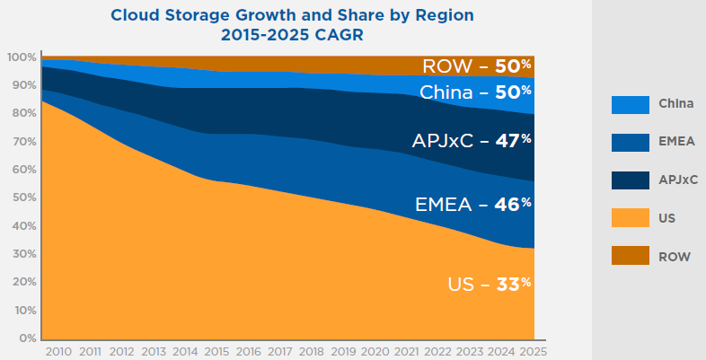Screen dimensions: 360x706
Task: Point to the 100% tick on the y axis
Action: (x=22, y=57)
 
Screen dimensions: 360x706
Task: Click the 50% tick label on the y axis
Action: (x=24, y=198)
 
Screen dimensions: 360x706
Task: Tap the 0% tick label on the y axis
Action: (x=27, y=338)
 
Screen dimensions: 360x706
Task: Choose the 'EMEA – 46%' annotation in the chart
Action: (x=473, y=205)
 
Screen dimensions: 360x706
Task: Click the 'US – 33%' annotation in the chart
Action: (x=489, y=285)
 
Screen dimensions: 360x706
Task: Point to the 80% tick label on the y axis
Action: (x=24, y=114)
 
